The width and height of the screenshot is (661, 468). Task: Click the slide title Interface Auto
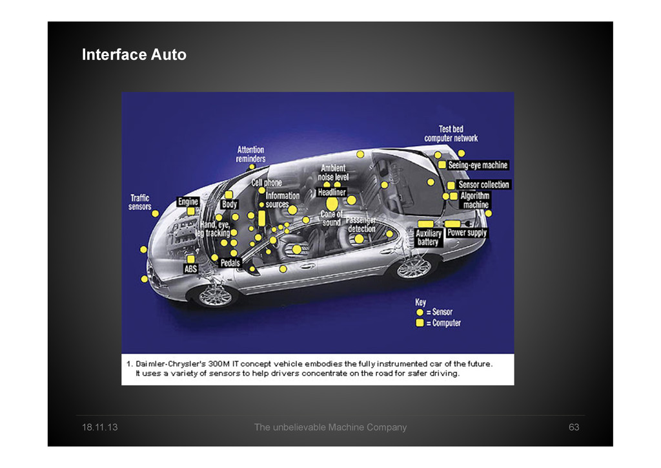[134, 55]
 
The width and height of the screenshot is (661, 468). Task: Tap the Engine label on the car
[188, 202]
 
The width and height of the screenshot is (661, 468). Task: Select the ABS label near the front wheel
[191, 269]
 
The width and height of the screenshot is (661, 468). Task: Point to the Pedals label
[230, 263]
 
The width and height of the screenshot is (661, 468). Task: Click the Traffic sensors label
[140, 202]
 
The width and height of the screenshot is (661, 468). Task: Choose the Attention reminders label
[250, 154]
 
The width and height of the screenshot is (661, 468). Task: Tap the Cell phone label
[267, 183]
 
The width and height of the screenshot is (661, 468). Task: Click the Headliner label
[332, 192]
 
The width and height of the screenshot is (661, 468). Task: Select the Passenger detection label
[361, 224]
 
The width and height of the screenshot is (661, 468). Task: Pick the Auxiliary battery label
[428, 237]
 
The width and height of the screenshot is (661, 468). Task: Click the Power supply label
[467, 233]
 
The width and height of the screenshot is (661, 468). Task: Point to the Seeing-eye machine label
[478, 165]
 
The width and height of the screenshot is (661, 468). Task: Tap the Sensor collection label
[483, 185]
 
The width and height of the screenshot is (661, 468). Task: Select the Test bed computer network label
[451, 134]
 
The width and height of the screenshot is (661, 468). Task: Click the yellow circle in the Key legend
[420, 312]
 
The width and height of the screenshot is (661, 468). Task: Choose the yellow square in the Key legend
[420, 323]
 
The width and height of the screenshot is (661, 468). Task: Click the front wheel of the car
[214, 295]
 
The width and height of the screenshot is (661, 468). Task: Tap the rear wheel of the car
[414, 266]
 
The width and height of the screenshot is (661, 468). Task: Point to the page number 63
[573, 427]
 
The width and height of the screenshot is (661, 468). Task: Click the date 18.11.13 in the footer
[99, 427]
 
